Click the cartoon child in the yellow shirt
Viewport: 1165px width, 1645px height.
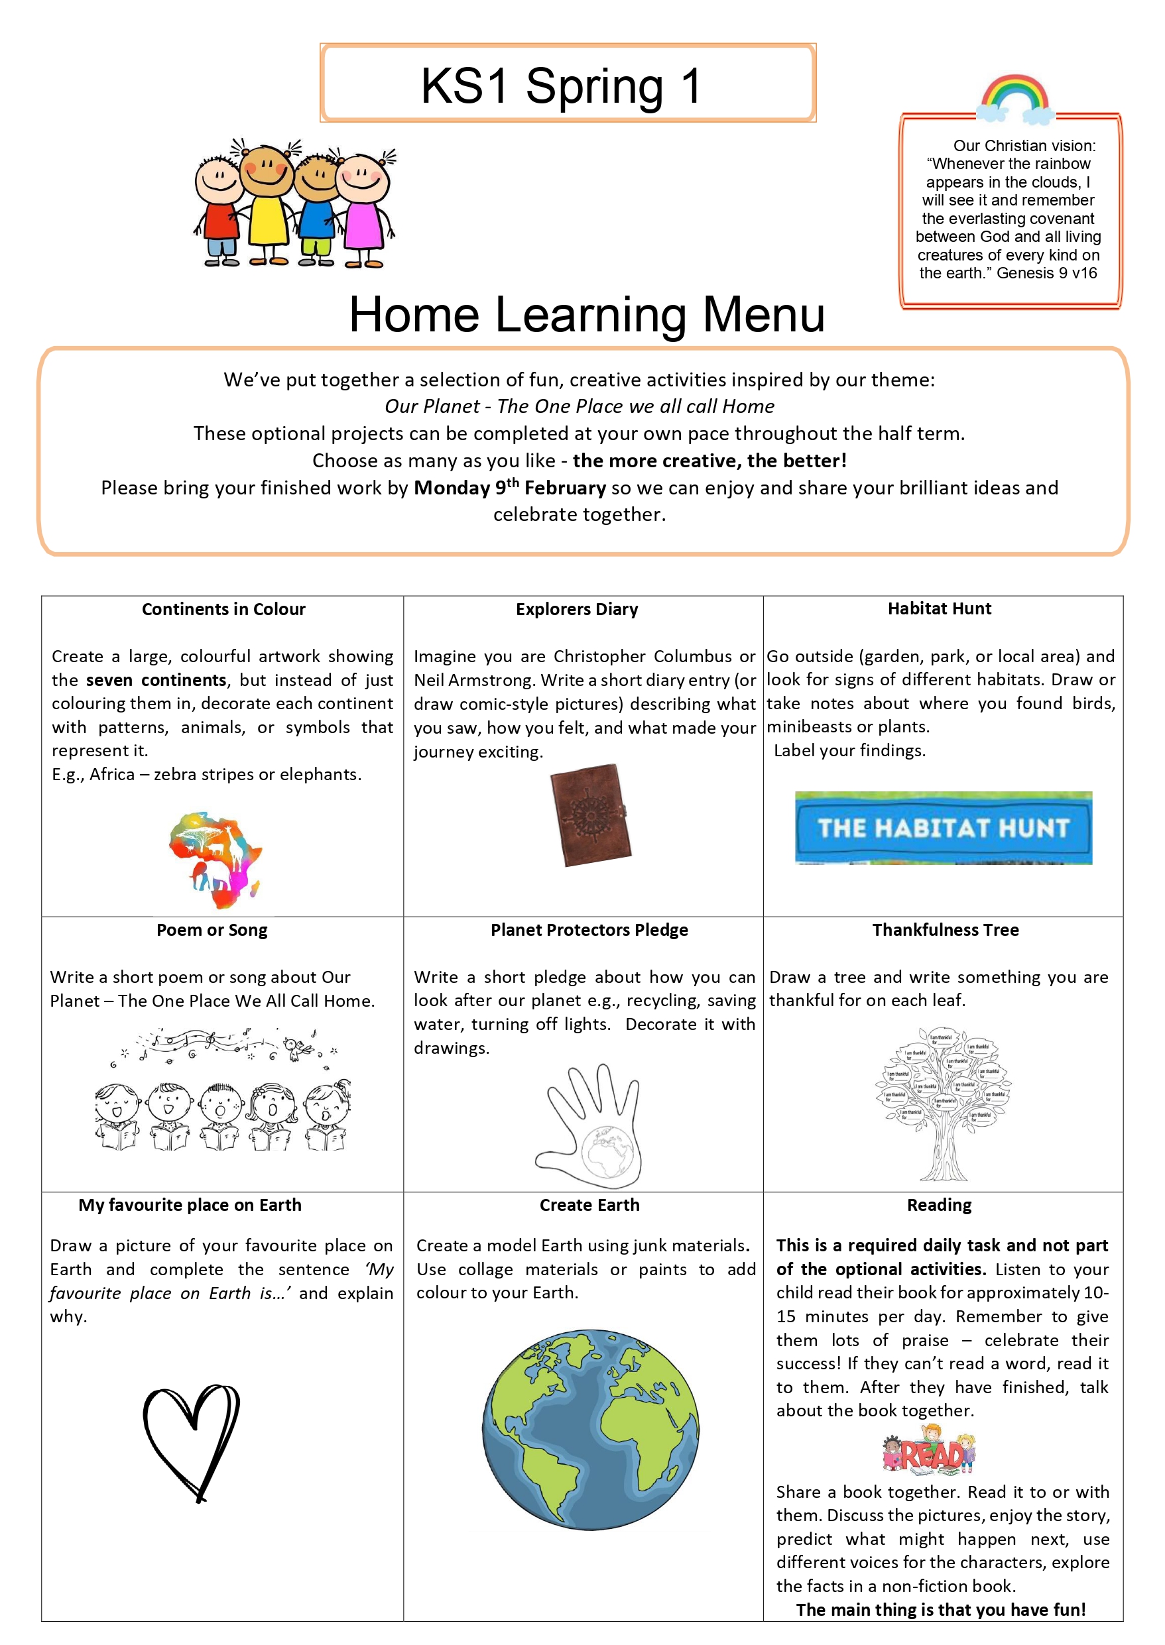266,204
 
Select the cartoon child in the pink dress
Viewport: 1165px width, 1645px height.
364,208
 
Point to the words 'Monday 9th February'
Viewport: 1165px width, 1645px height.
509,488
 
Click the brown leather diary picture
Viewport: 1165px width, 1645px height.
590,815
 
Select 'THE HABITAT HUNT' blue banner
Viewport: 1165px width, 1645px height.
943,828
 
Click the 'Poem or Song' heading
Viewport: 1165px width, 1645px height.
212,930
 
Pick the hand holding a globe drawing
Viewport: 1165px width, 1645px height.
589,1126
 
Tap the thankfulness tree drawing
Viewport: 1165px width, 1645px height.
942,1104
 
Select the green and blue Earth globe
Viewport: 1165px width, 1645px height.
589,1430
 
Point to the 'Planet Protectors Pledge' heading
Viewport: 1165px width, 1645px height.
589,930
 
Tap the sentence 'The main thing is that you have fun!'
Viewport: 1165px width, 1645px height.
940,1610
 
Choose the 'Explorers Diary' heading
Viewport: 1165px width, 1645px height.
577,610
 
